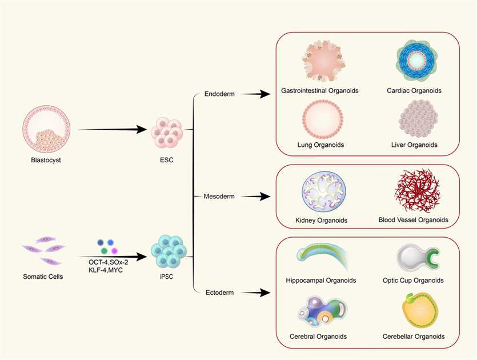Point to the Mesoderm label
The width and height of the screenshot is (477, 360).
tap(219, 197)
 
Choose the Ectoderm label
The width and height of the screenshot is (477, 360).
tap(219, 293)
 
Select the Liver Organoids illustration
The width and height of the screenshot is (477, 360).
tap(417, 119)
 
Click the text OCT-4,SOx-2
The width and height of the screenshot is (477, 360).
tap(108, 262)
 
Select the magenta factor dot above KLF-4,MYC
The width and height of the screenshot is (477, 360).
tap(114, 251)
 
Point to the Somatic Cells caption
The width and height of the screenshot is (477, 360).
tap(43, 277)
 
